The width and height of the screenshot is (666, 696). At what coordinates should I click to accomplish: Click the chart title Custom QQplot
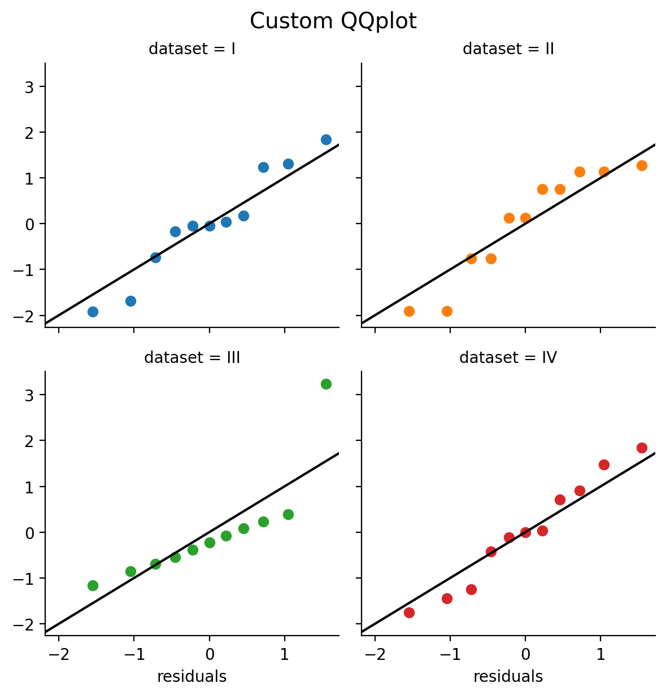pos(333,21)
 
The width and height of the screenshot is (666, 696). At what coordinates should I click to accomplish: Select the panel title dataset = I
pos(192,49)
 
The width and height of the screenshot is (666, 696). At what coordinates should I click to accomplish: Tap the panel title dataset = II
pos(508,49)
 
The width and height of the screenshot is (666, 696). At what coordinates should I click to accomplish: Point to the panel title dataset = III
pos(192,358)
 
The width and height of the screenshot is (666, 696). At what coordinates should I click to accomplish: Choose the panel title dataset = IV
pos(508,358)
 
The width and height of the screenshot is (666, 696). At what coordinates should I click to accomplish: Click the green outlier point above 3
pos(326,384)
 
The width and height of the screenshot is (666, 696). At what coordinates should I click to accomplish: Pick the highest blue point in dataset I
pos(326,139)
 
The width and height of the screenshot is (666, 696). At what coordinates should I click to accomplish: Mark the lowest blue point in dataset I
pos(93,312)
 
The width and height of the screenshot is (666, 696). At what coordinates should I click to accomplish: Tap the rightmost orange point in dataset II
pos(642,165)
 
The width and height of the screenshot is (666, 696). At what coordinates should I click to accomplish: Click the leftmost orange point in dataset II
pos(409,311)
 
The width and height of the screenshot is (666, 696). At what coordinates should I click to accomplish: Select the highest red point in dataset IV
pos(642,448)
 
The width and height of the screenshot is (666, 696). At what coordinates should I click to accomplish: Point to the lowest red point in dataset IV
pos(409,612)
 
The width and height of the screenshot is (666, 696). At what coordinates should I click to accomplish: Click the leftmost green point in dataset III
pos(93,585)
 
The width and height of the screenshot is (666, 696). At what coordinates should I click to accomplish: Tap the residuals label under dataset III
pos(192,677)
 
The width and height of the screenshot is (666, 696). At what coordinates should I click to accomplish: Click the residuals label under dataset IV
pos(508,677)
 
